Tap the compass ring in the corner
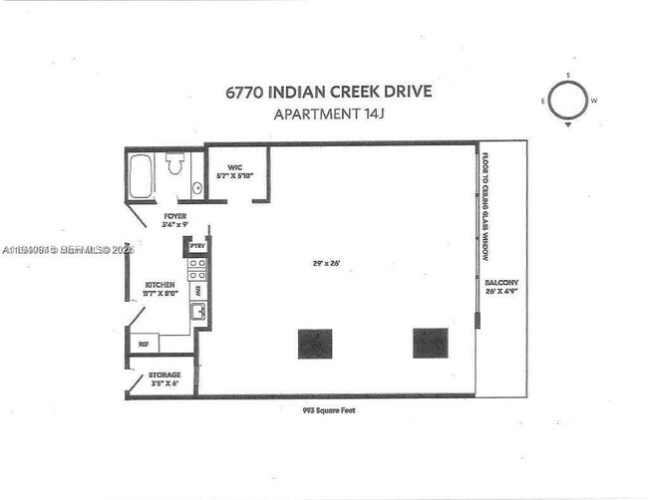tap(567, 100)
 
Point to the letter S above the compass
tap(567, 76)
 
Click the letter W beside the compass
tap(594, 101)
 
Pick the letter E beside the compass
tap(542, 101)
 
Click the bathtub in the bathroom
tap(142, 175)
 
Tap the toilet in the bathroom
tap(175, 163)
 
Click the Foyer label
tap(175, 219)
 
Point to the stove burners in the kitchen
tap(197, 268)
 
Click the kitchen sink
tap(198, 312)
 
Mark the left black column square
tap(314, 343)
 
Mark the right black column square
tap(430, 343)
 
